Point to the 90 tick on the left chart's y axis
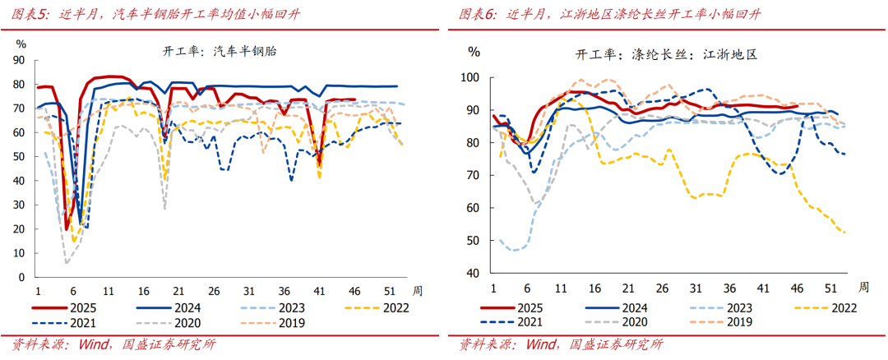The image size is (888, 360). click(20, 61)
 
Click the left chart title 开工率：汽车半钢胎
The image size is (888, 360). click(220, 51)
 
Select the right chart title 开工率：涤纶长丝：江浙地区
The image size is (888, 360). click(665, 55)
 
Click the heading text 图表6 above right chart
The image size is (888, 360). click(477, 15)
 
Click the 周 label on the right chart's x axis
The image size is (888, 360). click(863, 287)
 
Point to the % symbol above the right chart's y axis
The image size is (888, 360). click(474, 52)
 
